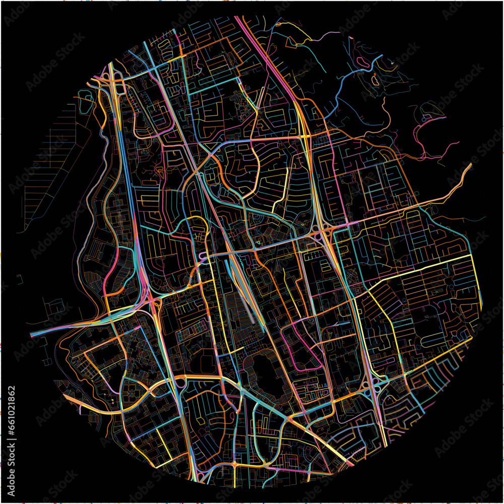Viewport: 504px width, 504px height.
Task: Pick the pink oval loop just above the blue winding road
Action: point(361,61)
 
